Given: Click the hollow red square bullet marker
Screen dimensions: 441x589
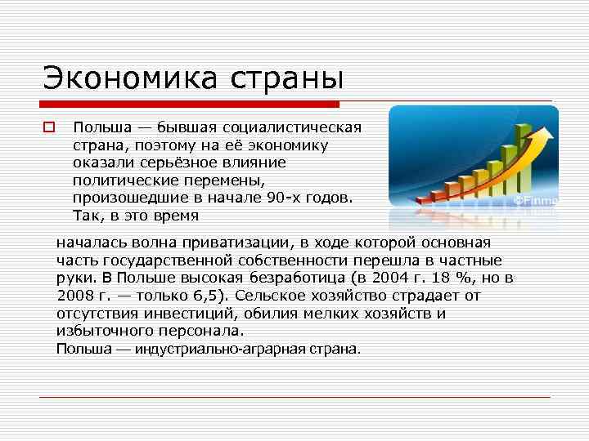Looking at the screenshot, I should click(48, 127).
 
